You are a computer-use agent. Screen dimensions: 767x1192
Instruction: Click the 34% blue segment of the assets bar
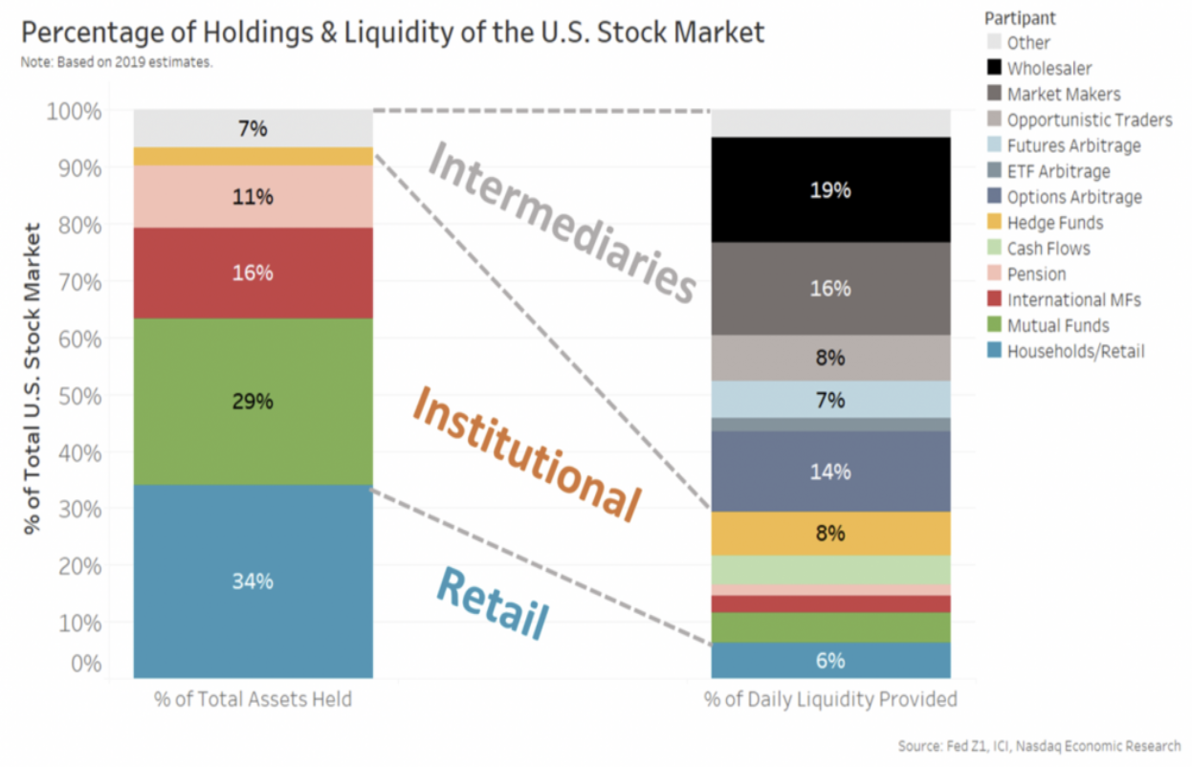(x=253, y=581)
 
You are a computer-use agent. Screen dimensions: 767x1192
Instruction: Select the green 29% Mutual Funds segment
(x=253, y=402)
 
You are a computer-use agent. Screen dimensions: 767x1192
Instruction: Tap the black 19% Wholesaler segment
(x=829, y=189)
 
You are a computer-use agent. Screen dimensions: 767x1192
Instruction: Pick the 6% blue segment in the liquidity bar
(x=829, y=660)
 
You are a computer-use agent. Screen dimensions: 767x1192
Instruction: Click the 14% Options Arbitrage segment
(x=829, y=471)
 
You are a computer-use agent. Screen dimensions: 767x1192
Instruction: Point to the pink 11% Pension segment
(x=253, y=197)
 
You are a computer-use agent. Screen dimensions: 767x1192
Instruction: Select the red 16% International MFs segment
(x=253, y=273)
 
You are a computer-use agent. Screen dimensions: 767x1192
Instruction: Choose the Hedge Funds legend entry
(x=1054, y=223)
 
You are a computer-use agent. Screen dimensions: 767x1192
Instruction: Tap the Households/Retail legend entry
(x=1075, y=351)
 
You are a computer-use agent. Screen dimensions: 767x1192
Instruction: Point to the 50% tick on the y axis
(x=74, y=395)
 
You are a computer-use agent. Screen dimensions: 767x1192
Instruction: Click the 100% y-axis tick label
(x=74, y=111)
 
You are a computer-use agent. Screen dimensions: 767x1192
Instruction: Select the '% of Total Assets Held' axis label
(x=253, y=699)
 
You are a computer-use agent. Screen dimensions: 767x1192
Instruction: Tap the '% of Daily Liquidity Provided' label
(x=829, y=699)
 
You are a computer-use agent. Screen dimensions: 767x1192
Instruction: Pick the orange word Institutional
(x=525, y=456)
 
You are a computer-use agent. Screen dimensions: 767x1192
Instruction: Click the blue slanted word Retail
(x=494, y=603)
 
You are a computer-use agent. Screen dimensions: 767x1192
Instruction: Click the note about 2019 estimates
(x=116, y=62)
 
